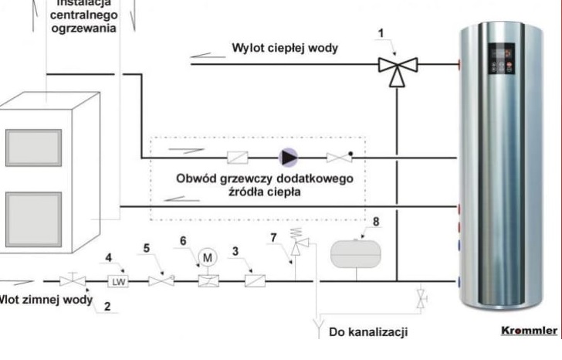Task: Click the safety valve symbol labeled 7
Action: tap(297, 246)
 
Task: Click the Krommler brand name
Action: tap(529, 331)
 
